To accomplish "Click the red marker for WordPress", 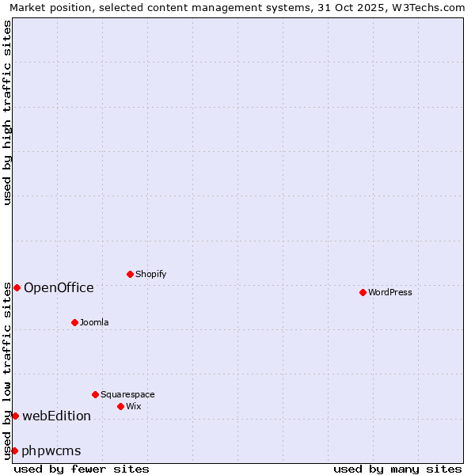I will coord(363,292).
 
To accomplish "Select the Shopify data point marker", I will coord(130,274).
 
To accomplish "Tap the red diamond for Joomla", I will coord(74,322).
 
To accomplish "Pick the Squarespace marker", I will coord(95,394).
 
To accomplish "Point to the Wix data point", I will coord(120,406).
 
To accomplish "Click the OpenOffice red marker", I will coord(17,287).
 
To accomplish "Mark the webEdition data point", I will coord(15,416).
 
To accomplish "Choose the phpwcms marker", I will coord(14,450).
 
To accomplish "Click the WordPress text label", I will coord(390,292).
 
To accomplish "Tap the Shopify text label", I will coord(150,274).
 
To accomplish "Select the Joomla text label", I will coord(94,322).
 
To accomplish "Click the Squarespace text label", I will coord(127,394).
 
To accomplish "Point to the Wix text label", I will coord(133,406).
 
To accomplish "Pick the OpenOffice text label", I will coord(59,287).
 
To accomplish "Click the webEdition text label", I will coord(56,416).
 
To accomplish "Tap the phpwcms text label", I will coord(51,450).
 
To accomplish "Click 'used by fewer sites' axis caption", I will coord(82,469).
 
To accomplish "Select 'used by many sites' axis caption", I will coord(397,469).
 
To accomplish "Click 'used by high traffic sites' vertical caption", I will coord(7,112).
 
